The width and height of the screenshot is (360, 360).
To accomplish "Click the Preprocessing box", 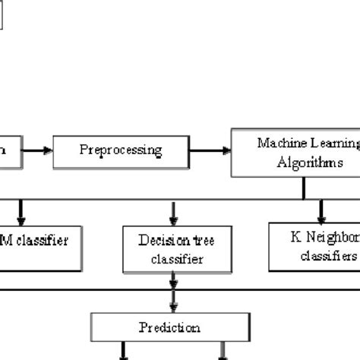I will pyautogui.click(x=120, y=150).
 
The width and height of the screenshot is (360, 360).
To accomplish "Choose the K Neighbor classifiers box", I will pyautogui.click(x=314, y=247).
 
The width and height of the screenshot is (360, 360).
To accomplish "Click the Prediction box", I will pyautogui.click(x=169, y=327).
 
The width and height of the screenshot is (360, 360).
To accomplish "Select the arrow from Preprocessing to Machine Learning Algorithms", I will pyautogui.click(x=210, y=150).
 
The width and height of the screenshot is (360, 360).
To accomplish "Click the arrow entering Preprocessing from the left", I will pyautogui.click(x=36, y=150).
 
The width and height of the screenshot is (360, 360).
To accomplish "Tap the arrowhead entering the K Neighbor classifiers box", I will pyautogui.click(x=322, y=216).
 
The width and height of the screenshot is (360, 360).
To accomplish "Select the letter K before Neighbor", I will pyautogui.click(x=294, y=237).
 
